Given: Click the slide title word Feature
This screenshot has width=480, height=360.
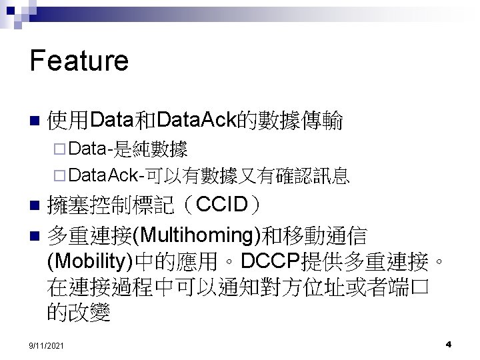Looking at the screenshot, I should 79,61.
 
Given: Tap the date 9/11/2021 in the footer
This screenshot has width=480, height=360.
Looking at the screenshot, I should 47,346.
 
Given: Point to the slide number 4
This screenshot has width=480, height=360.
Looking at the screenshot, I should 449,345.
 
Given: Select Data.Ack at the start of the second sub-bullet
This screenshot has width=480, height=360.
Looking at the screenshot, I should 101,175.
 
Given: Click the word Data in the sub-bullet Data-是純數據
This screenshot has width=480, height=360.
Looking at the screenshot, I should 88,147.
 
